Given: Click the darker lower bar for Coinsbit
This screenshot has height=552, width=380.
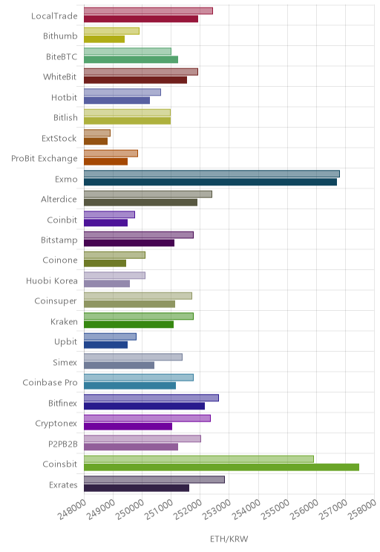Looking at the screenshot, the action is [221, 467].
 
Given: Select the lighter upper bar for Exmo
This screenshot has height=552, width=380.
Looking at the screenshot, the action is [212, 174].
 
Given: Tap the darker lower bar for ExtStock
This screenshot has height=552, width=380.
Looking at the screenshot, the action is [96, 141].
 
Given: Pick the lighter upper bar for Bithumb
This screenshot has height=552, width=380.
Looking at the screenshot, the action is [111, 31].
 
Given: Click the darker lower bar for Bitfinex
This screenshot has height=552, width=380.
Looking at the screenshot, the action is [145, 406].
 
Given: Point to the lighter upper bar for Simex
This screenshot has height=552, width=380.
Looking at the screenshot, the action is [133, 357].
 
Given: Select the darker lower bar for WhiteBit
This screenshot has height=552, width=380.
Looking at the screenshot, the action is [136, 80].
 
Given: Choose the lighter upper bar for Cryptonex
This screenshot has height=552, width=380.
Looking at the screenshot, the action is [147, 418].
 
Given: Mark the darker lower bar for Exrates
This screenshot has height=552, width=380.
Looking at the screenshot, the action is [137, 487].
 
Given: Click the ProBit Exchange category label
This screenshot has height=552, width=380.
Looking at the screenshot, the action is [45, 159].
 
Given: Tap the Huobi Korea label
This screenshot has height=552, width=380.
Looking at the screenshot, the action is [52, 280].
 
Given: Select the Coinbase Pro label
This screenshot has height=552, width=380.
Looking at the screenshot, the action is [50, 382].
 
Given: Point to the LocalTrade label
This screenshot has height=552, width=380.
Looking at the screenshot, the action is [54, 16].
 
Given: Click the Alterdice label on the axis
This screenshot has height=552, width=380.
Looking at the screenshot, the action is [59, 200].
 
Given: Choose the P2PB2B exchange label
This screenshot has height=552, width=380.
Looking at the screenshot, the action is [62, 444].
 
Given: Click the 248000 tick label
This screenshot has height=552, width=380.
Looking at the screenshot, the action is [72, 509].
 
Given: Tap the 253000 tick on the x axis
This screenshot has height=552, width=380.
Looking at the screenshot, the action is [217, 509].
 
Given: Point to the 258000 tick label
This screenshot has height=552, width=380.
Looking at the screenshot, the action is [362, 509].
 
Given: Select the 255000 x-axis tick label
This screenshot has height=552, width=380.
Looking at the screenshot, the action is [275, 509].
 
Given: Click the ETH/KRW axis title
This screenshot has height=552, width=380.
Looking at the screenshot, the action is [229, 539].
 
